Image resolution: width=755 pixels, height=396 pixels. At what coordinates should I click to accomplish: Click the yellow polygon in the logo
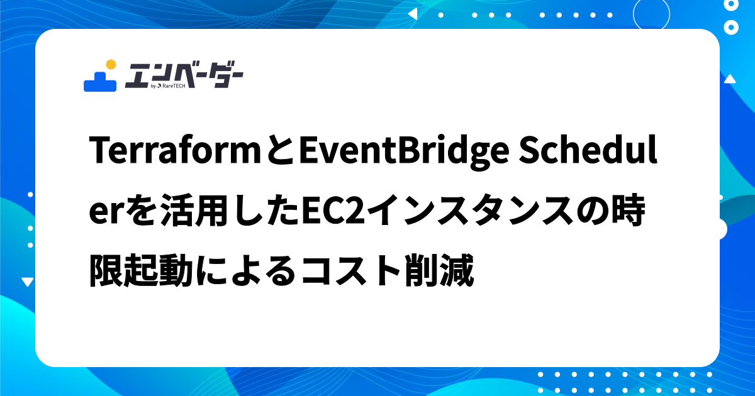pos(111,63)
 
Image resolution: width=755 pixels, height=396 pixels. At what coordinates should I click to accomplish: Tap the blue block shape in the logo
pos(100,82)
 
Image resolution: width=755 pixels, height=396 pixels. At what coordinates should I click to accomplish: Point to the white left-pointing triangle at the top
pos(413,13)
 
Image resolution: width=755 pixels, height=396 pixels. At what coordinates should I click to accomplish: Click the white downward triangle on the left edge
pos(27,282)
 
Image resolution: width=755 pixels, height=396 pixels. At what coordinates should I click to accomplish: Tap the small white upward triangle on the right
pos(730,79)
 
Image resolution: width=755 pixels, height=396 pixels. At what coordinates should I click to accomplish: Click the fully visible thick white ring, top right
pos(731,27)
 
